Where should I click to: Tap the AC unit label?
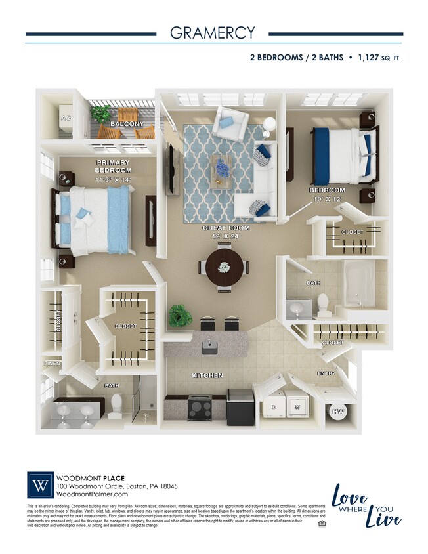[x=65, y=118]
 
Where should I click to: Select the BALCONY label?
[x=127, y=123]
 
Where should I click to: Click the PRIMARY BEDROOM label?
[x=113, y=167]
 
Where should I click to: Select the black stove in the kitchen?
[x=200, y=408]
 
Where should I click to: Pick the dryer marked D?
[x=273, y=404]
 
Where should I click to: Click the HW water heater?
[x=339, y=412]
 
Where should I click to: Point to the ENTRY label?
[x=326, y=373]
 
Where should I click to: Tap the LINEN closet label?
[x=51, y=363]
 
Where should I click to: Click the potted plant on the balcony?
[x=101, y=114]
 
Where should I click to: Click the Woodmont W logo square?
[x=40, y=486]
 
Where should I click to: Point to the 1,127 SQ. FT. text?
[x=378, y=58]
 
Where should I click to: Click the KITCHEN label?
[x=207, y=375]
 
